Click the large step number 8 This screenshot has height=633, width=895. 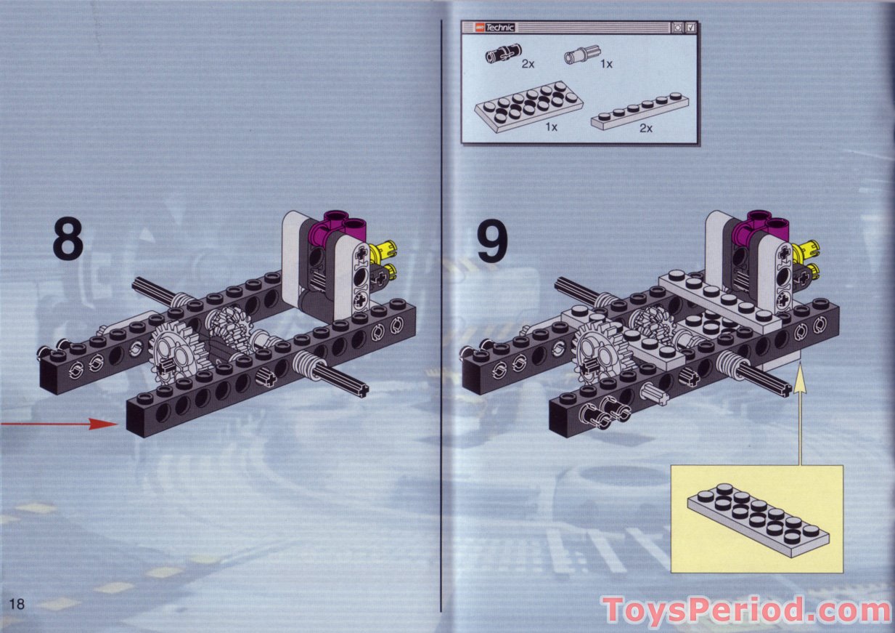pos(68,240)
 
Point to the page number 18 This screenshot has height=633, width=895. pos(17,604)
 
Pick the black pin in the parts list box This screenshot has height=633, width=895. pos(501,55)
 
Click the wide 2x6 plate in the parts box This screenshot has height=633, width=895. pos(529,105)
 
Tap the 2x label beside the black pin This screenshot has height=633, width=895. pos(528,64)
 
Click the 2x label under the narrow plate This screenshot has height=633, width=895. pos(645,129)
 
